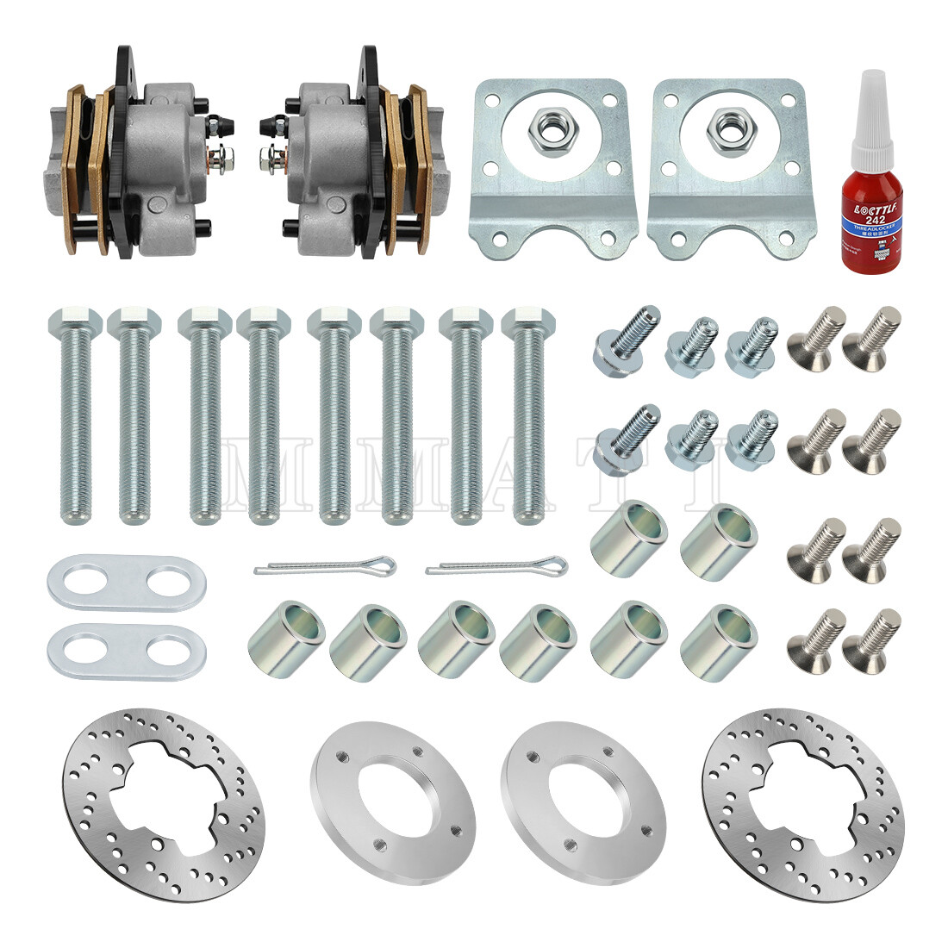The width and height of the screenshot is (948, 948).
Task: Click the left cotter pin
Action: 325,567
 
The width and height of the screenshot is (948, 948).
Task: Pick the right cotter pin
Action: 497,567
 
